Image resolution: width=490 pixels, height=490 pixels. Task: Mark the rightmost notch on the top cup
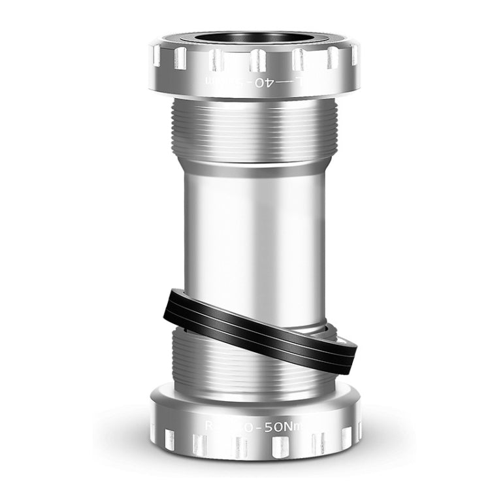(353, 56)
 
